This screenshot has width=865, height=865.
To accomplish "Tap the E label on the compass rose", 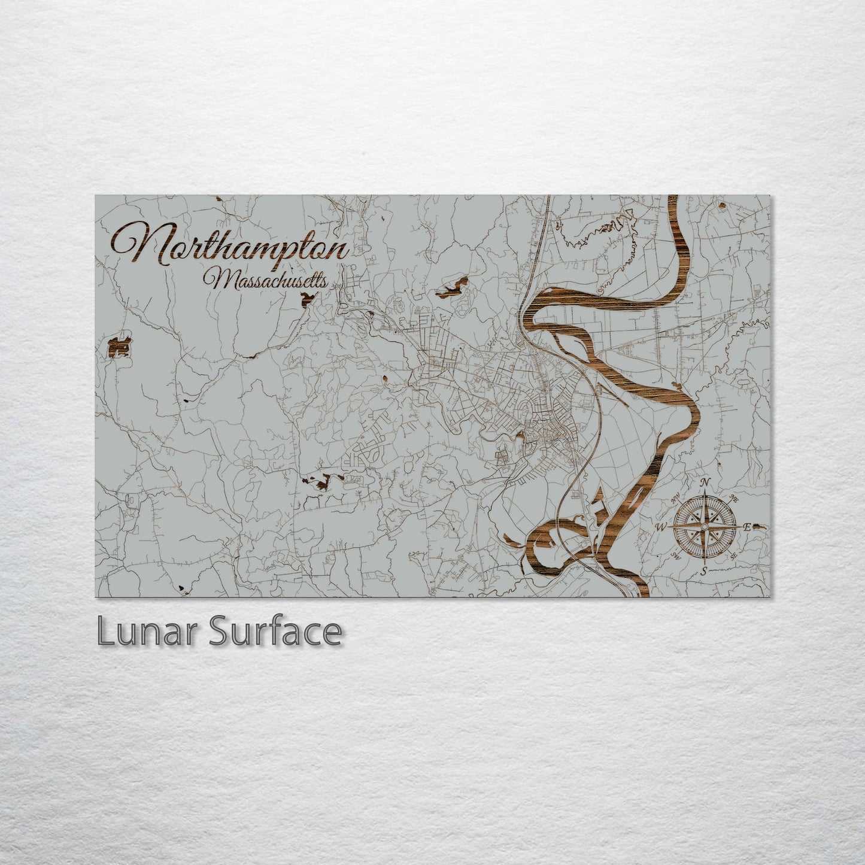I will (x=746, y=527).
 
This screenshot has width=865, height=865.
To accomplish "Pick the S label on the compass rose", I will (x=705, y=570).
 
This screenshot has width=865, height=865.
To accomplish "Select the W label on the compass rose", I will (x=662, y=527).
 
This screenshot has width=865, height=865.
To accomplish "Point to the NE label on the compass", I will (x=734, y=499).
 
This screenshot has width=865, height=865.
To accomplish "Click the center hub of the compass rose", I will (x=705, y=527).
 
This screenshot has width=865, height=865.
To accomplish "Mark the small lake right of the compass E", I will (x=758, y=527).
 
